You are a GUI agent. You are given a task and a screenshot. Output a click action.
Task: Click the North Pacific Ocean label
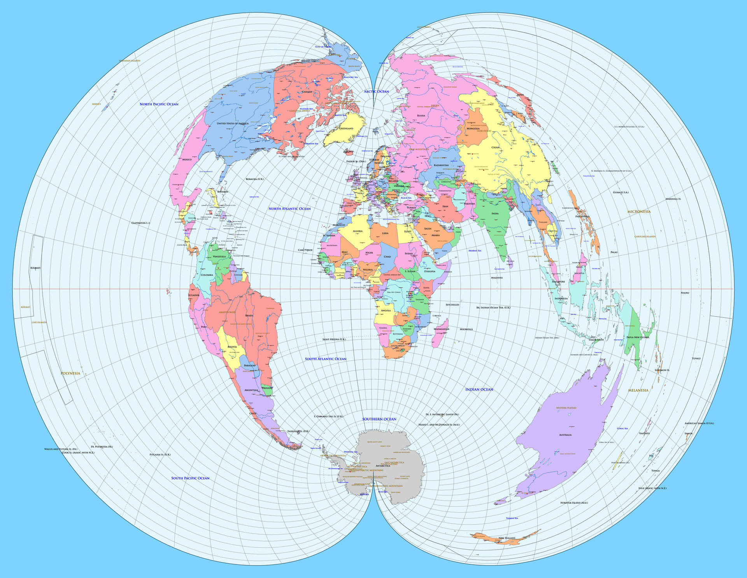[x=159, y=104]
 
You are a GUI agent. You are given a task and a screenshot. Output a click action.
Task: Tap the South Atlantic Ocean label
[x=325, y=359]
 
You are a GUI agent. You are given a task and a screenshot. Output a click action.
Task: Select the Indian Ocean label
[x=479, y=389]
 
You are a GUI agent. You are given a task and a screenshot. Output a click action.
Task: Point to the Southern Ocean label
[x=379, y=419]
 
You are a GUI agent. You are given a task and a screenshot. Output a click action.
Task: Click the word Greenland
[x=346, y=128]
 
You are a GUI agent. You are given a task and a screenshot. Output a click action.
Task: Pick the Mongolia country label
[x=473, y=128]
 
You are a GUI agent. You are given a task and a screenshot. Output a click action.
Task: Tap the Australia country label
[x=565, y=435]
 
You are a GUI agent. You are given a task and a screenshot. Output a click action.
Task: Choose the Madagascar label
[x=441, y=329]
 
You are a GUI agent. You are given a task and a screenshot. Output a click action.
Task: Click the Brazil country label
[x=249, y=315]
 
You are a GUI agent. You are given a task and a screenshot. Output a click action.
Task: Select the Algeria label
[x=358, y=231]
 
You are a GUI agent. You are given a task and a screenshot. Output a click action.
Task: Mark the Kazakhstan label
[x=441, y=165]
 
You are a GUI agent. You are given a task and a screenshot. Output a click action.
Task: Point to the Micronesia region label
[x=638, y=212]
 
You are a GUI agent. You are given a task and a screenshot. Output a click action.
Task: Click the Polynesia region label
[x=70, y=373]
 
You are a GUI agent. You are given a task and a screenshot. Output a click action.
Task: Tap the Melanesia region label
[x=638, y=390]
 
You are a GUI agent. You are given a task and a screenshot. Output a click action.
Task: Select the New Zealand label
[x=507, y=538]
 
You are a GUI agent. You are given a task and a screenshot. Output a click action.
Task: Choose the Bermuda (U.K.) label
[x=254, y=179]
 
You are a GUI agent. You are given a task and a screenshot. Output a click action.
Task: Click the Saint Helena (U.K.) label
[x=334, y=340]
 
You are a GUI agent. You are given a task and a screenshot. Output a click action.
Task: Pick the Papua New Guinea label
[x=638, y=337]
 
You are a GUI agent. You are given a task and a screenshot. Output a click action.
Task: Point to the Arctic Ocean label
[x=376, y=91]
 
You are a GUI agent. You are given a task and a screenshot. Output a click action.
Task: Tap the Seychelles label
[x=452, y=305]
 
